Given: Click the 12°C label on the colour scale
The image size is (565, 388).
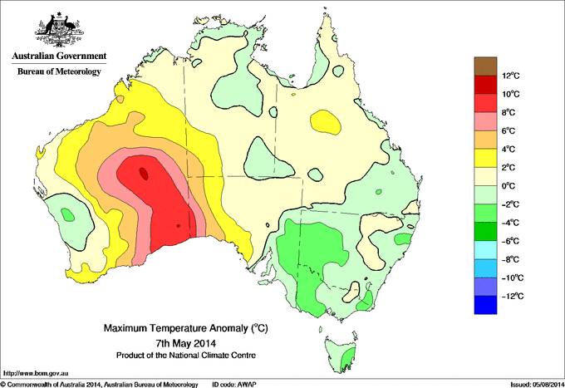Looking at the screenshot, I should point(509,76).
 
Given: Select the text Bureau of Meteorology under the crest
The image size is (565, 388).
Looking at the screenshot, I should point(59,71).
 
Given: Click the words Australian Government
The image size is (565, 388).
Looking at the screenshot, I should point(58,56).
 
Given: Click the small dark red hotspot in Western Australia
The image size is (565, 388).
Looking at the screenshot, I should point(143,173).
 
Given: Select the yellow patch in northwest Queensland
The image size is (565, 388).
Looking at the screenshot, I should point(325,122).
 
